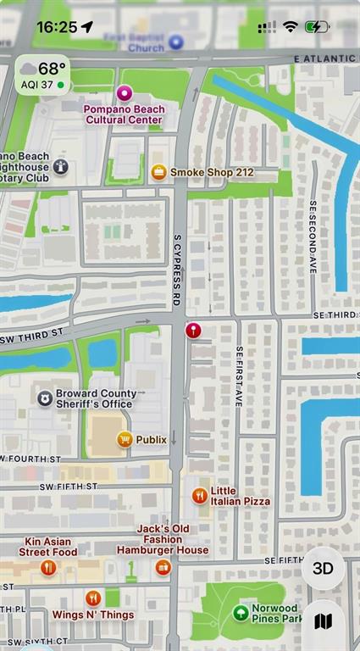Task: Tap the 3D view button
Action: click(323, 568)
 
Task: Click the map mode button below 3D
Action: click(323, 621)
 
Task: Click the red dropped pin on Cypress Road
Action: click(193, 330)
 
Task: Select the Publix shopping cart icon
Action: click(125, 439)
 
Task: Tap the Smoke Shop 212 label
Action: click(211, 172)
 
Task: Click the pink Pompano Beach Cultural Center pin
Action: click(125, 93)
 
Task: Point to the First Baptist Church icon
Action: click(176, 42)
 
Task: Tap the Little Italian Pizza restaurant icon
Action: click(200, 496)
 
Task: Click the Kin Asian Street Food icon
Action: click(47, 567)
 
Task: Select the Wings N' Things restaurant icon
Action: click(93, 598)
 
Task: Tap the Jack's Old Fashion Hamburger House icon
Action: click(163, 567)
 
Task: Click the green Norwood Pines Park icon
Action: click(241, 612)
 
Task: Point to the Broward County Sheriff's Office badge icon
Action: click(44, 398)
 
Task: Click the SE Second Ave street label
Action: click(313, 236)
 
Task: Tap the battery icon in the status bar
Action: click(318, 27)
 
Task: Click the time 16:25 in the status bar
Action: click(57, 27)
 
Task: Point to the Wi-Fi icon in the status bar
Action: click(291, 27)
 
